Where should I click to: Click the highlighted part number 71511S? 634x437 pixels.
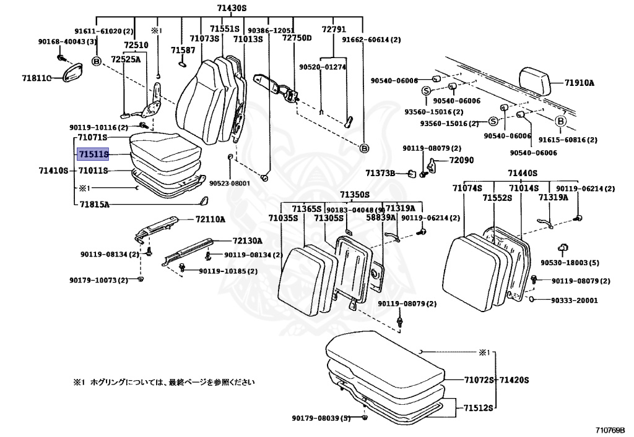[93, 153]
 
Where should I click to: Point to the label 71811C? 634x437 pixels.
[37, 77]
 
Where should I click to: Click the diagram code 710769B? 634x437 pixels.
[610, 429]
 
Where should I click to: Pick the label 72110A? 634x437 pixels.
[211, 219]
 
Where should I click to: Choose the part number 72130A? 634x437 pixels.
[247, 241]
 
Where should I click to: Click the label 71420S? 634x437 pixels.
[515, 379]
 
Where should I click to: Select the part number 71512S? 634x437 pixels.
[479, 408]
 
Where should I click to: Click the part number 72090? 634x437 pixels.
[461, 160]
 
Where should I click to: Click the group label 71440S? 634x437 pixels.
[523, 174]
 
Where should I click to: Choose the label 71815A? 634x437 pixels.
[93, 204]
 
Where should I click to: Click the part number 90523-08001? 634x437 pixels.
[230, 183]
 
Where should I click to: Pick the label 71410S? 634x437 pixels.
[53, 171]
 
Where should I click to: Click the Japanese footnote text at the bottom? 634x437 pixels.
[163, 382]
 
